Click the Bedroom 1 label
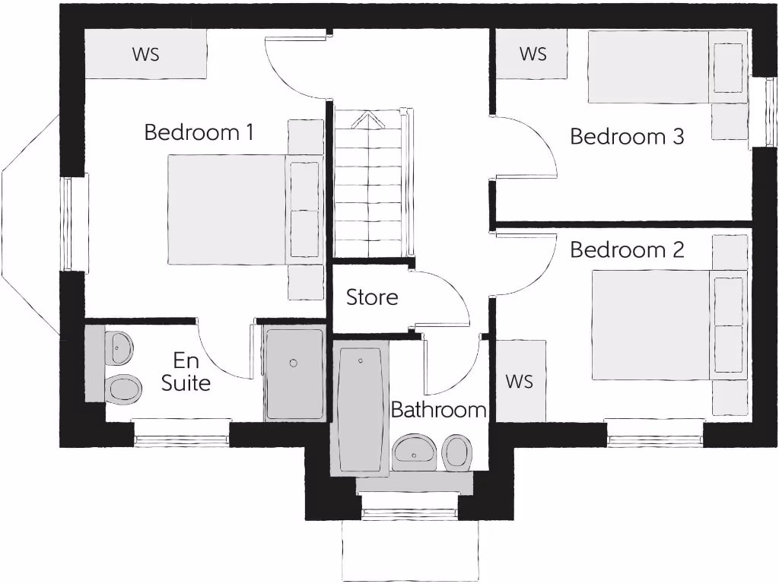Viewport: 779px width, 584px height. coord(199,132)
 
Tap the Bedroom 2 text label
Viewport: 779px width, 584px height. coord(627,249)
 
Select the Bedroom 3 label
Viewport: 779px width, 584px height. coord(627,137)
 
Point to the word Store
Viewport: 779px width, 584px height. coord(372,297)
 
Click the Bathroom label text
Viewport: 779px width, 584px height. coord(438,411)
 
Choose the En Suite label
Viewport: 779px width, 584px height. coord(186,371)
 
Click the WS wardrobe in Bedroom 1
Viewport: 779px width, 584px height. coord(145,54)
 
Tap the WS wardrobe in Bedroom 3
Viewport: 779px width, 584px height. coord(533,54)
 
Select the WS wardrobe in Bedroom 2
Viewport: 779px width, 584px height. coord(520,380)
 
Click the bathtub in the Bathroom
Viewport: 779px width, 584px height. coord(361,411)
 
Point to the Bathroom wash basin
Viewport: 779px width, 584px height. coord(414,452)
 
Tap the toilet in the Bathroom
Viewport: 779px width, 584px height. coord(457,452)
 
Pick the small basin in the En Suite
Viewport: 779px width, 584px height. coord(118,348)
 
